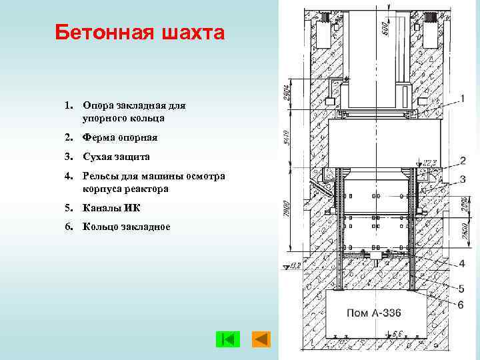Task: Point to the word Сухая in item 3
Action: coord(97,157)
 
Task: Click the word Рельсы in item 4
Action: coord(100,176)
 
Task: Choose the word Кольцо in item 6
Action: coord(101,227)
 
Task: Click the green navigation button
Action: coord(227,339)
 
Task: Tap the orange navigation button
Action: coord(261,339)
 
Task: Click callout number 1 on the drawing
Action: coord(463,99)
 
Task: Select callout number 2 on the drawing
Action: coord(462,161)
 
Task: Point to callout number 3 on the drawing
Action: coord(462,179)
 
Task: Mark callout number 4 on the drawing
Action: coord(461,263)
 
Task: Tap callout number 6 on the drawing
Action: coord(461,305)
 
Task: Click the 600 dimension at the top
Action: coord(385,26)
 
